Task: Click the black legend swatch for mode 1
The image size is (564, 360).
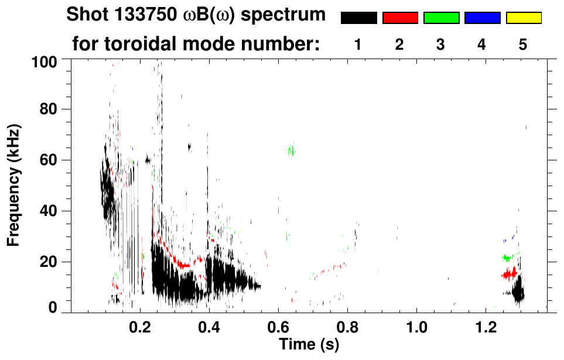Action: (x=358, y=18)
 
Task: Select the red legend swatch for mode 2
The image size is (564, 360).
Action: (x=400, y=18)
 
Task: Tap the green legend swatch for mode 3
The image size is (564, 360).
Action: (x=441, y=18)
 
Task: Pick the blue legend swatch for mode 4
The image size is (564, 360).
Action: (x=482, y=18)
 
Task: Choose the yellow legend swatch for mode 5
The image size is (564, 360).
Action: (x=523, y=18)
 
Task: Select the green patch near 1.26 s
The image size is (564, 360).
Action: (x=508, y=258)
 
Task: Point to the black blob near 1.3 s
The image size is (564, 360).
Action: (x=518, y=291)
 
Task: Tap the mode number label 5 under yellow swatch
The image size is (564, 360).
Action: (x=523, y=45)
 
